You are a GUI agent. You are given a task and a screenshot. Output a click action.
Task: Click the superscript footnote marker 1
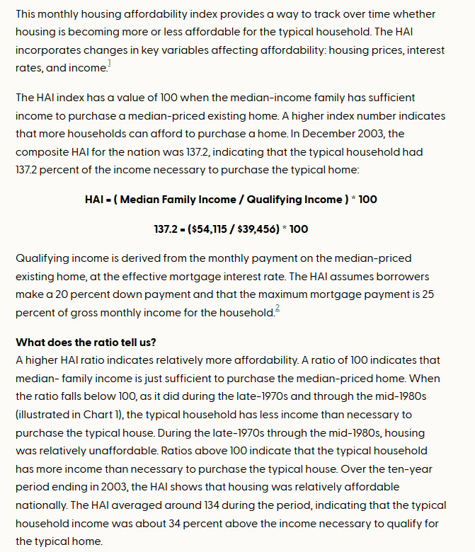(110, 64)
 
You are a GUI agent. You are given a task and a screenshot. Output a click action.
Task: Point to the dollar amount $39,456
(260, 229)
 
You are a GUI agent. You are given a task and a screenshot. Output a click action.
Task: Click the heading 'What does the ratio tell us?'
(86, 343)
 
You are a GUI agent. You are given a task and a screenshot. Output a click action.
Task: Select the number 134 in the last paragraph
(193, 505)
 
